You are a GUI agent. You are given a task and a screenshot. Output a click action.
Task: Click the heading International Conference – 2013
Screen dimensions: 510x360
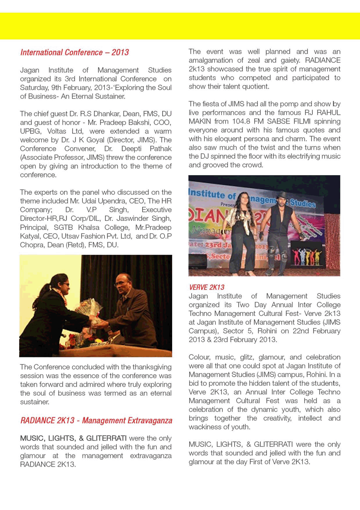75,53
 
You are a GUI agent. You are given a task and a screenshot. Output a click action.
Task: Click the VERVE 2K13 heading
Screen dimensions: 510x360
207,287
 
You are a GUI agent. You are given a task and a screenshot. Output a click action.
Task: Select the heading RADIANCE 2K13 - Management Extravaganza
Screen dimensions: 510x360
96,420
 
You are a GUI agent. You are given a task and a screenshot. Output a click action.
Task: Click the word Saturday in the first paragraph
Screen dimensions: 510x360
35,87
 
